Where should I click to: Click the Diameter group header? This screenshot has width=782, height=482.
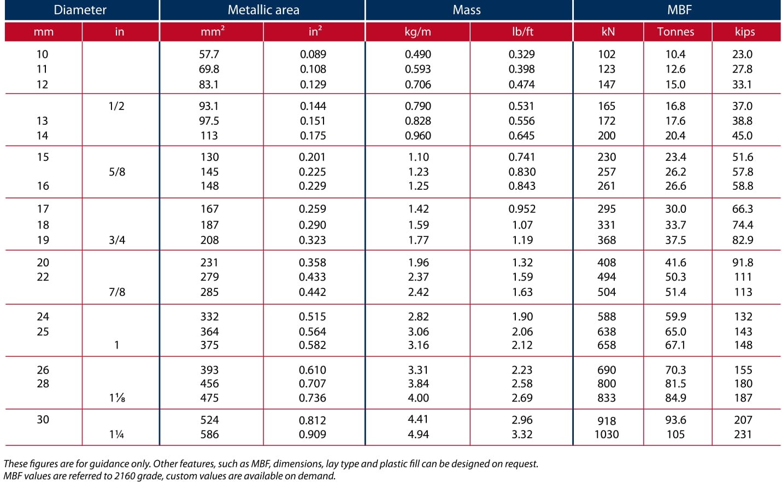(x=80, y=10)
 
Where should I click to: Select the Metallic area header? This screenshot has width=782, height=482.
(x=263, y=10)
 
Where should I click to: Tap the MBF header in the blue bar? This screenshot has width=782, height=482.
(x=679, y=10)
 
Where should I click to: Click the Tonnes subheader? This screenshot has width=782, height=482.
(x=675, y=32)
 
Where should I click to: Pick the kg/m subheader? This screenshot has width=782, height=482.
(x=418, y=32)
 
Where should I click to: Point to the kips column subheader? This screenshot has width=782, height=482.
(x=745, y=32)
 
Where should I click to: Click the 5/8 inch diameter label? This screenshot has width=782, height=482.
(x=117, y=172)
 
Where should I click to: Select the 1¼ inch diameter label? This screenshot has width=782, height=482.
(x=116, y=434)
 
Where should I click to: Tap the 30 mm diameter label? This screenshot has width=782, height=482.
(x=43, y=420)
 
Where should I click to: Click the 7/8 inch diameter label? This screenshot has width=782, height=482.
(x=117, y=292)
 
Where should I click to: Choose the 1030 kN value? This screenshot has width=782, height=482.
(x=607, y=434)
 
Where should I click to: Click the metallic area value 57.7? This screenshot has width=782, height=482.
(x=209, y=54)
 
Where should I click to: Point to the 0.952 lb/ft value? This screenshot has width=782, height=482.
(x=522, y=208)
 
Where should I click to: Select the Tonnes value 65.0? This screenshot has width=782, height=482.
(x=675, y=332)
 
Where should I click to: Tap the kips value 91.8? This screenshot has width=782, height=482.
(x=743, y=262)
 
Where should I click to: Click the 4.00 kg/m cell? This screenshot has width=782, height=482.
(x=418, y=398)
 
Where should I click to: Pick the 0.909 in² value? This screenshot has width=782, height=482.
(x=313, y=434)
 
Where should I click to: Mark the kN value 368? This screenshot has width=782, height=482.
(x=607, y=240)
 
